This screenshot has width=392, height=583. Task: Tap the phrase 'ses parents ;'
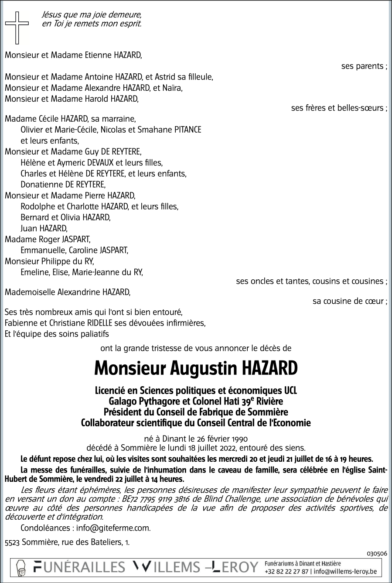364,67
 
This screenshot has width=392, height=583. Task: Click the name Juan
29,228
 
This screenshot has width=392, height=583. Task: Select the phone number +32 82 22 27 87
286,571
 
